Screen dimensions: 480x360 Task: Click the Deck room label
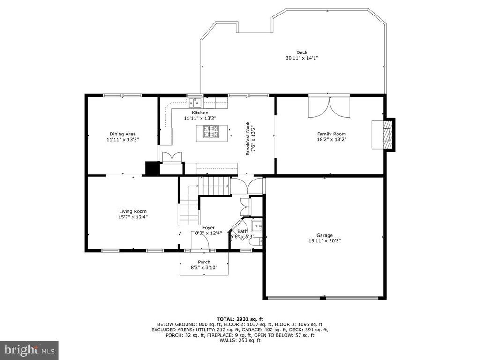coord(301,52)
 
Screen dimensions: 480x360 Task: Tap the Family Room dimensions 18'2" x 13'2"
coord(331,139)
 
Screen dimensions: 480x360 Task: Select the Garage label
coord(324,235)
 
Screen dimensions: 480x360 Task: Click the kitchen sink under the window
coord(195,103)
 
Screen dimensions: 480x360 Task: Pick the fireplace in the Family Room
coord(383,135)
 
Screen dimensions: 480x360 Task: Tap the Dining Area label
coord(122,134)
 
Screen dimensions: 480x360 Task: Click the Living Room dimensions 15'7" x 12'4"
coord(133,217)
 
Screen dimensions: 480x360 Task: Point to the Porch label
coord(204,262)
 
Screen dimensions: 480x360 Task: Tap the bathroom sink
coord(256,226)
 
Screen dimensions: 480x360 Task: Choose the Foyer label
coord(209,228)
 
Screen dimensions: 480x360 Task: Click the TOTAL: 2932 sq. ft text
coord(240,319)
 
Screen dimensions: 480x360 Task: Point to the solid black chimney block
coord(152,168)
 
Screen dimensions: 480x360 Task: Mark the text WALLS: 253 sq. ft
coord(240,340)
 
